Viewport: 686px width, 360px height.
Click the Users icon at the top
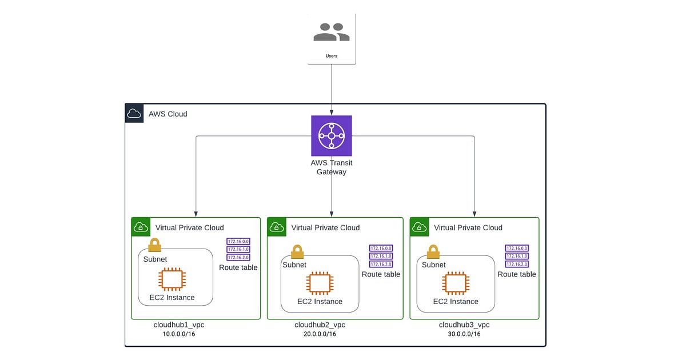(332, 32)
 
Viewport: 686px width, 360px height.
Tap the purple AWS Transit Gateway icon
(332, 135)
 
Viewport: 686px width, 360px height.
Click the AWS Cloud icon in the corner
(134, 113)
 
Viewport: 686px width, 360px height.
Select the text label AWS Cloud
(167, 114)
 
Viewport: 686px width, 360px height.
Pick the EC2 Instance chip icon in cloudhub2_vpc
(320, 284)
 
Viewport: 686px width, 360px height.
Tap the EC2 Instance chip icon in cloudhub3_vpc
(456, 284)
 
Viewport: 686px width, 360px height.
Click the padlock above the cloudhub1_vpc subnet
(154, 245)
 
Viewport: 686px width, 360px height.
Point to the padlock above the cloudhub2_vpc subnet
(297, 251)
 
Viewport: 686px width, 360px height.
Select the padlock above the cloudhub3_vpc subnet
(433, 251)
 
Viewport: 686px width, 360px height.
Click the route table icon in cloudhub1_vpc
(238, 249)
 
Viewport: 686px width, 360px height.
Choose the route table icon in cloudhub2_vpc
(381, 256)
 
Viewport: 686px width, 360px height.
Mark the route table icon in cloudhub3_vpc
(517, 256)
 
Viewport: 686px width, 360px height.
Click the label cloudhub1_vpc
(179, 325)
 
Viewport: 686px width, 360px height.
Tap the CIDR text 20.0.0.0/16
(320, 334)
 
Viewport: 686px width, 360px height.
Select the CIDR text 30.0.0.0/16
(464, 334)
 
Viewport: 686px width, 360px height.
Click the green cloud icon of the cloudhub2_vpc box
(277, 227)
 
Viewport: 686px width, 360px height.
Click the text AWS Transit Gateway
(332, 167)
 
